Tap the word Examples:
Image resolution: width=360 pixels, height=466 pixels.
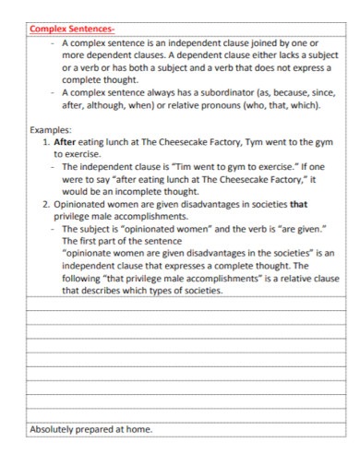click(51, 131)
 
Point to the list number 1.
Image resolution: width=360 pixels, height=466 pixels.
click(47, 143)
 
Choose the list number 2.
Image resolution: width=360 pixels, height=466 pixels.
click(47, 203)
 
